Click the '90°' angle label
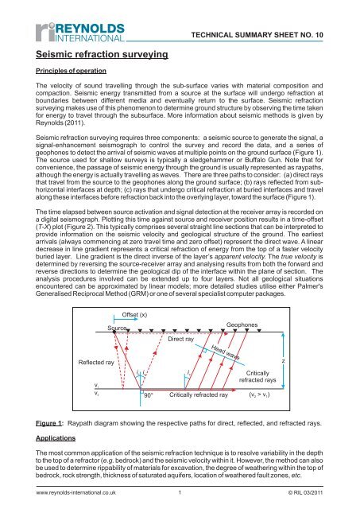149,393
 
